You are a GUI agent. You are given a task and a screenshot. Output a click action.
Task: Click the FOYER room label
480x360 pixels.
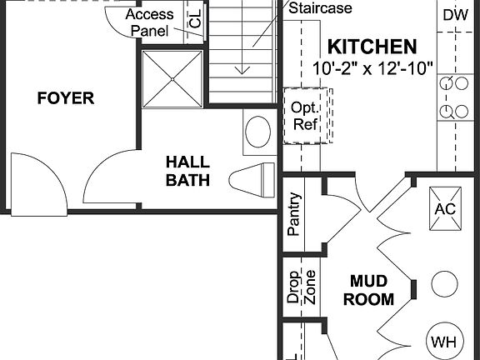click(66, 99)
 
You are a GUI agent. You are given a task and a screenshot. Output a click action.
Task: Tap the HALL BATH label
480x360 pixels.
click(187, 171)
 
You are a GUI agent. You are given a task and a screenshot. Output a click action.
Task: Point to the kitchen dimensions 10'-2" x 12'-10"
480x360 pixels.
click(373, 68)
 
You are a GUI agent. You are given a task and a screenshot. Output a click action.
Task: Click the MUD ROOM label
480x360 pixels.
click(371, 291)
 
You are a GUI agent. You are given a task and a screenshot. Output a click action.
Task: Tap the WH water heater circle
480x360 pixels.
click(443, 341)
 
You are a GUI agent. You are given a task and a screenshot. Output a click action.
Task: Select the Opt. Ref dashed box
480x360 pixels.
click(305, 117)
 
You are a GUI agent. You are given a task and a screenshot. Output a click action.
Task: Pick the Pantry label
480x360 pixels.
click(293, 216)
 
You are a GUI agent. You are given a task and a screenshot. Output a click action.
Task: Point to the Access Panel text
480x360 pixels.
click(150, 22)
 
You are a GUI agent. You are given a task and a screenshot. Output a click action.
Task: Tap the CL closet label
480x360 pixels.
click(195, 22)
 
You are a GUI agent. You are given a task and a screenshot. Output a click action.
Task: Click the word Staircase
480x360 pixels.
click(321, 8)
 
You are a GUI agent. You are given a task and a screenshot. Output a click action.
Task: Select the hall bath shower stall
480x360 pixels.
click(172, 79)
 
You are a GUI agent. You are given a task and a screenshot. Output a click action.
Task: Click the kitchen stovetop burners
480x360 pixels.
click(455, 97)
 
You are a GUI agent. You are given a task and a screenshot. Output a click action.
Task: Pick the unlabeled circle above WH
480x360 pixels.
click(445, 284)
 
